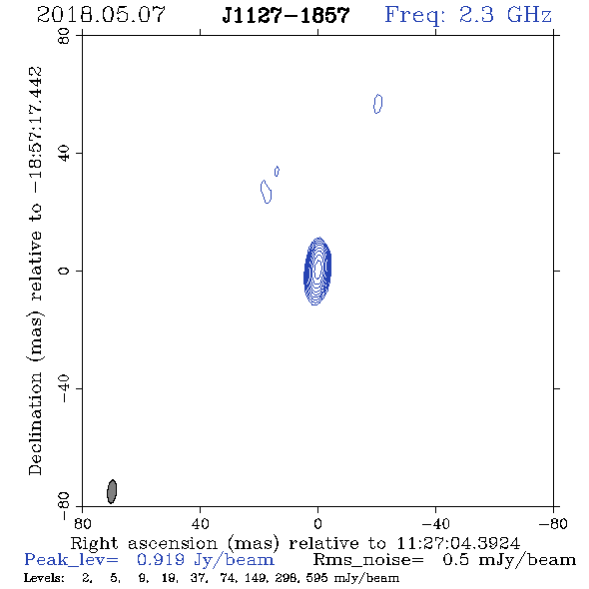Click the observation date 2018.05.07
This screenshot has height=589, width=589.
101,15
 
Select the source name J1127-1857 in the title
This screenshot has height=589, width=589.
286,16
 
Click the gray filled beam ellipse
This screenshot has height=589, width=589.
112,491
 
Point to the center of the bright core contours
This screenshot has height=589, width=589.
317,271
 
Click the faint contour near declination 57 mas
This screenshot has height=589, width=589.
378,104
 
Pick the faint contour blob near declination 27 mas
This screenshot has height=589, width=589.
266,192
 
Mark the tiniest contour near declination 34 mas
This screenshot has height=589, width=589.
277,172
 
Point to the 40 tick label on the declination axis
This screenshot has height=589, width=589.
64,154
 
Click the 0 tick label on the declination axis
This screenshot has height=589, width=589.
64,271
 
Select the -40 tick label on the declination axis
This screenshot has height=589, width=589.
64,388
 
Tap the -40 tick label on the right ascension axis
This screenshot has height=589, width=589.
435,524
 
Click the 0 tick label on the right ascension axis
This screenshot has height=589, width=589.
317,524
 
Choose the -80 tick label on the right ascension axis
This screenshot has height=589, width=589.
553,524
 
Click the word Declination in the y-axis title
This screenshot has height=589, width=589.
35,423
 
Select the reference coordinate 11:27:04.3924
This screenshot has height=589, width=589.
458,543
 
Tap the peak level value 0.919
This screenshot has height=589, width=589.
161,560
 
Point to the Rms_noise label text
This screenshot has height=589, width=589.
368,560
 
